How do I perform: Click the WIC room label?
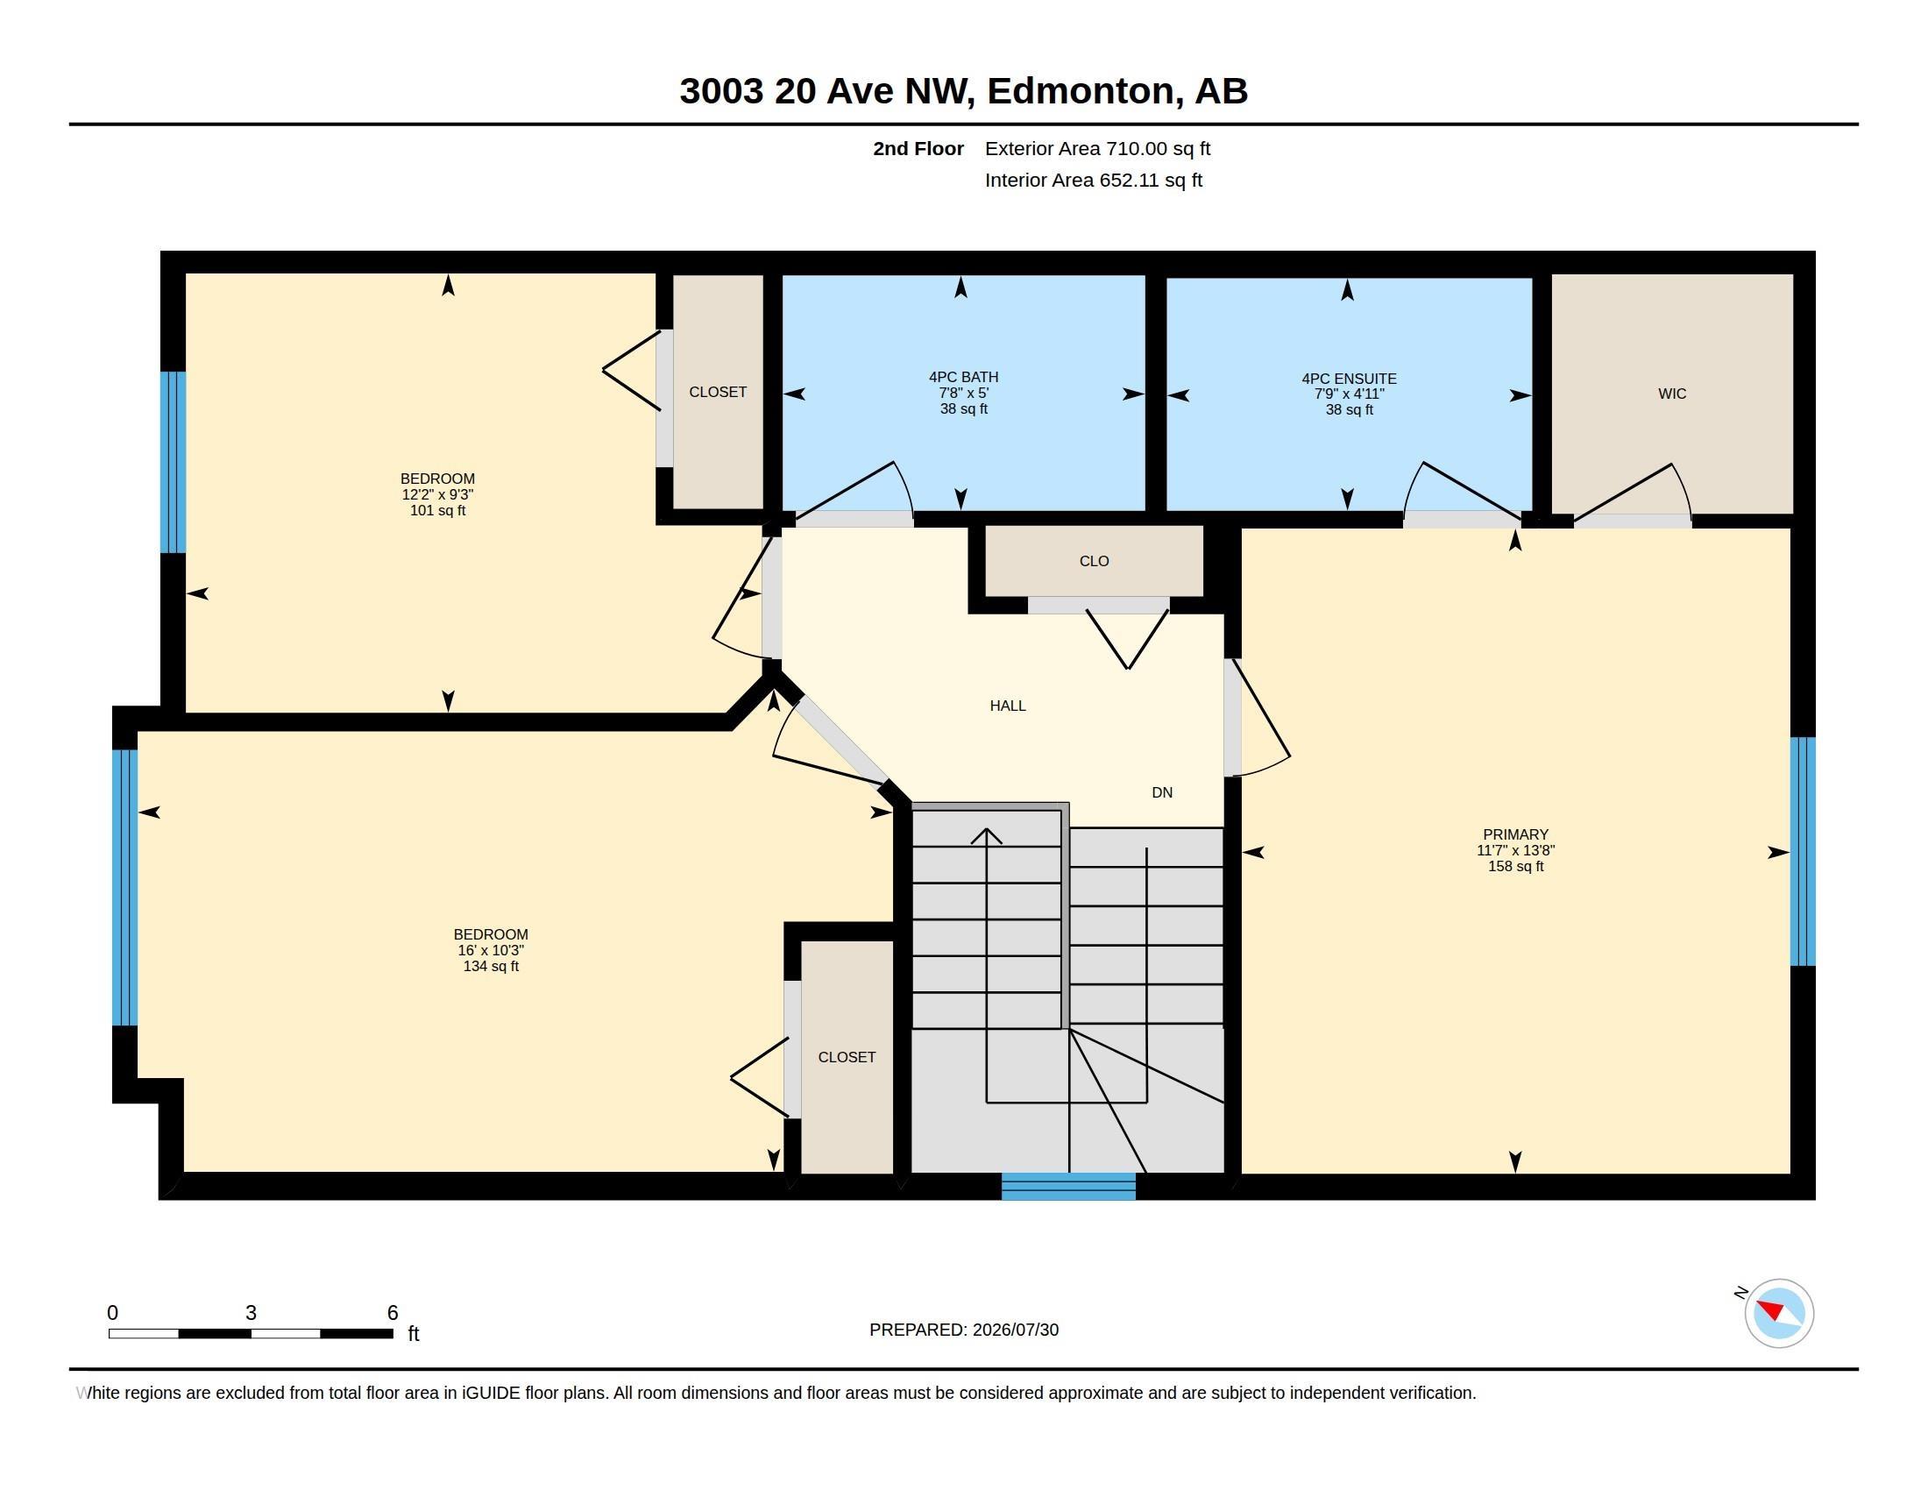pos(1672,394)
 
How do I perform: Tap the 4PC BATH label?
pos(963,377)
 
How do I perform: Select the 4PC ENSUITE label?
pos(1349,379)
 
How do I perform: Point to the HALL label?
pos(1007,706)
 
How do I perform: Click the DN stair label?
pos(1162,792)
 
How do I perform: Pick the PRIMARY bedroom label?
pos(1516,834)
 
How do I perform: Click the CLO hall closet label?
pos(1094,562)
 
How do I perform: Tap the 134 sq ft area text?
pos(491,967)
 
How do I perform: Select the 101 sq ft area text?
pos(438,510)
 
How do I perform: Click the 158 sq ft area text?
pos(1516,866)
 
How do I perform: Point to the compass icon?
pos(1778,1313)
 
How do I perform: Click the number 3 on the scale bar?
pos(251,1313)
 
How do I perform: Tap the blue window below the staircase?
pos(1068,1187)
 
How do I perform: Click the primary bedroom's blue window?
pos(1803,852)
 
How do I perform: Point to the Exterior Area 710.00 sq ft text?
pos(1097,148)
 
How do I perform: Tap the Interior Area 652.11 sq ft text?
pos(1093,180)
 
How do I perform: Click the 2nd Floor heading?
pos(918,148)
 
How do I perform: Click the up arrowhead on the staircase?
pos(986,835)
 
